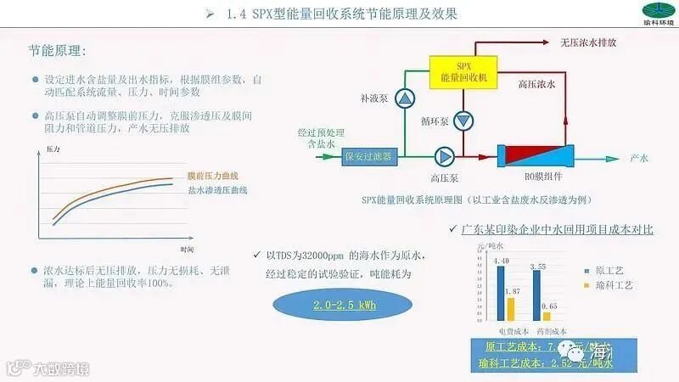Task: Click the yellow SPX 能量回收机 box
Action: [x=463, y=72]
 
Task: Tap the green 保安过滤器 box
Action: [x=368, y=156]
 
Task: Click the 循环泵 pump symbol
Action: [x=463, y=121]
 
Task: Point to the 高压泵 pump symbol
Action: [x=444, y=156]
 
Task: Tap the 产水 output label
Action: [x=639, y=158]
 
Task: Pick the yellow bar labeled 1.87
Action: [x=511, y=310]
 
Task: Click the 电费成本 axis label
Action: [x=512, y=330]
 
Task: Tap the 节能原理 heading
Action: [x=57, y=53]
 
